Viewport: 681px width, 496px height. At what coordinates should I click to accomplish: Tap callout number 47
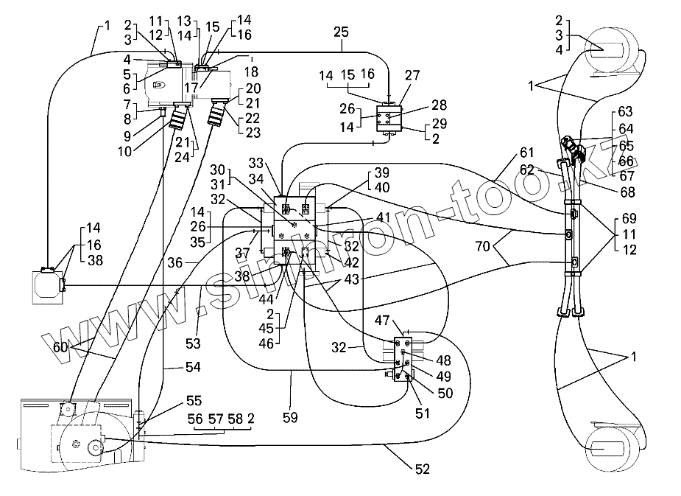384,321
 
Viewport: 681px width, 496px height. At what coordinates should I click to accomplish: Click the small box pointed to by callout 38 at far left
46,286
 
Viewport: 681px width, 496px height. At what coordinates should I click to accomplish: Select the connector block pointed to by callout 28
389,118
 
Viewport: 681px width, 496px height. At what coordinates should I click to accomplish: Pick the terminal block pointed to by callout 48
402,357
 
